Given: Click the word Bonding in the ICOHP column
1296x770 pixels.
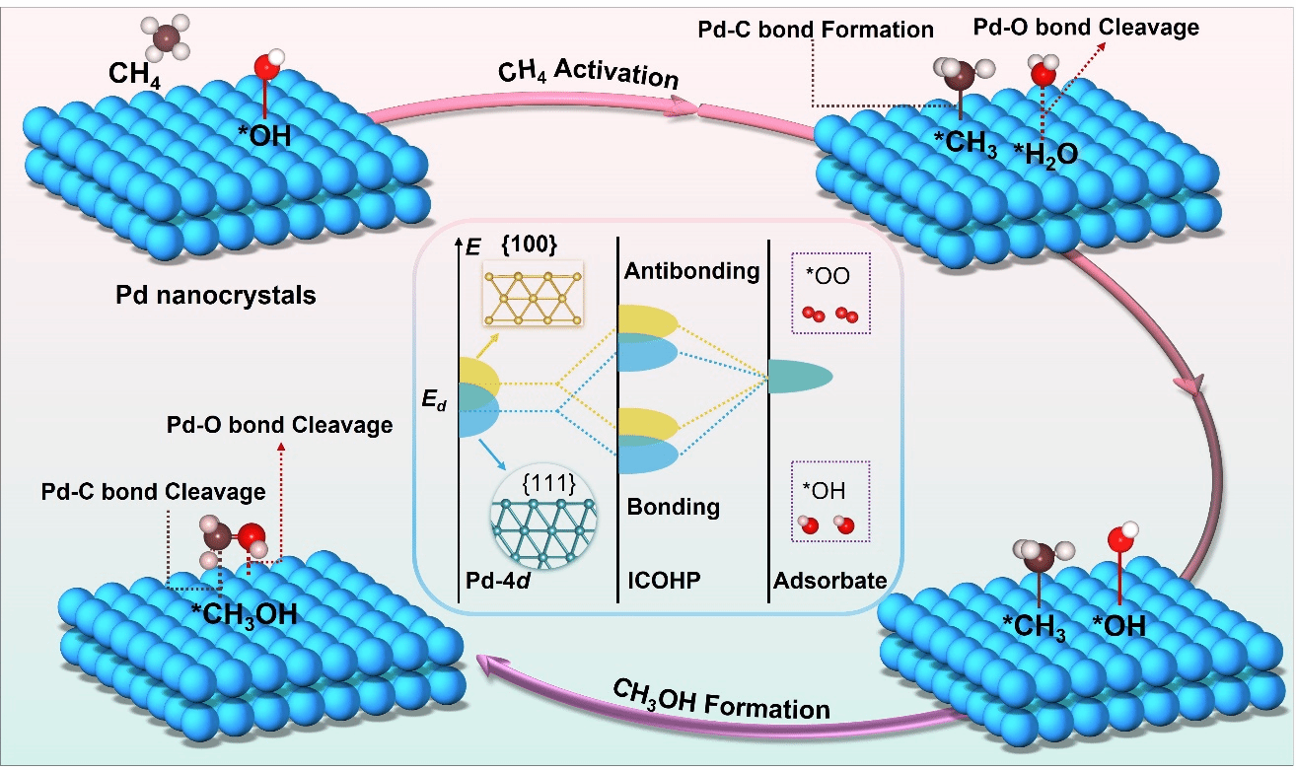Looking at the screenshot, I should click(x=674, y=508).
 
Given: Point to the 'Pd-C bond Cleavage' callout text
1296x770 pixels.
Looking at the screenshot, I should click(x=153, y=491).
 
